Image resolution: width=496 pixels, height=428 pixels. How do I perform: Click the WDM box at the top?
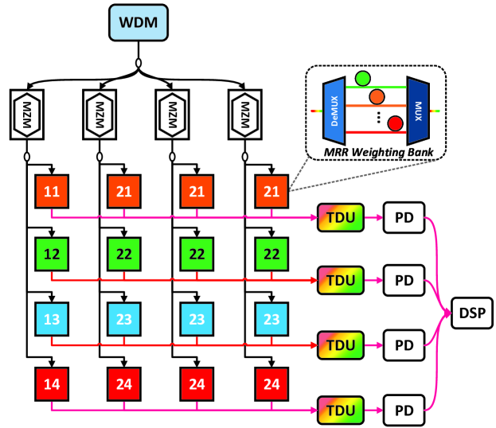[139, 23]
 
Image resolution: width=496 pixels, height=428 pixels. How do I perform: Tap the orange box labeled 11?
[52, 192]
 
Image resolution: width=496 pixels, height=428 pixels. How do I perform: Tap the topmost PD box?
[404, 216]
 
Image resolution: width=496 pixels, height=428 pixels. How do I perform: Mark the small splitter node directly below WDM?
[139, 60]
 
